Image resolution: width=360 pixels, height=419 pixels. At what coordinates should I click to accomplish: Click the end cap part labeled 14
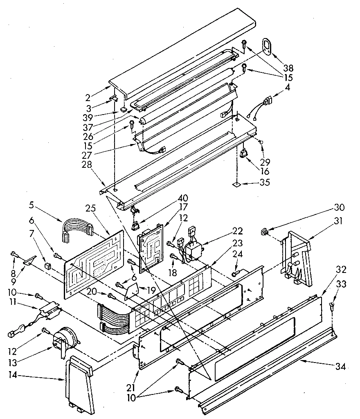coord(80,383)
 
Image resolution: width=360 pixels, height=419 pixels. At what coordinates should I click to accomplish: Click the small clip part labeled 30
coord(265,233)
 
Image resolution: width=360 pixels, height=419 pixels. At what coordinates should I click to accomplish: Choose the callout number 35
coord(265,183)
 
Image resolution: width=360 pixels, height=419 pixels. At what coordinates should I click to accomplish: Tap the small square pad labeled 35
coord(236,185)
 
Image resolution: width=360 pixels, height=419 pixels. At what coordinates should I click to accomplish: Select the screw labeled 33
coord(331,305)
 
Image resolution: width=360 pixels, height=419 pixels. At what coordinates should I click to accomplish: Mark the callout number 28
coord(86,164)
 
